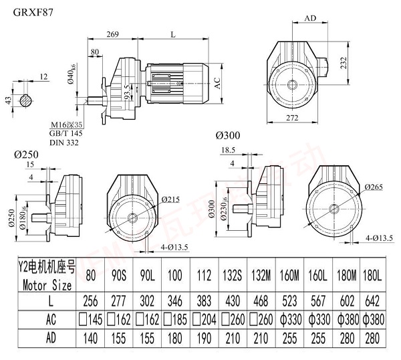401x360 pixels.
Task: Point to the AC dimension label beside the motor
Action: (x=217, y=83)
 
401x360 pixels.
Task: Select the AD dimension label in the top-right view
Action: (x=310, y=19)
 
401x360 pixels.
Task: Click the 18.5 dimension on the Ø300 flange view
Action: (x=227, y=151)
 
